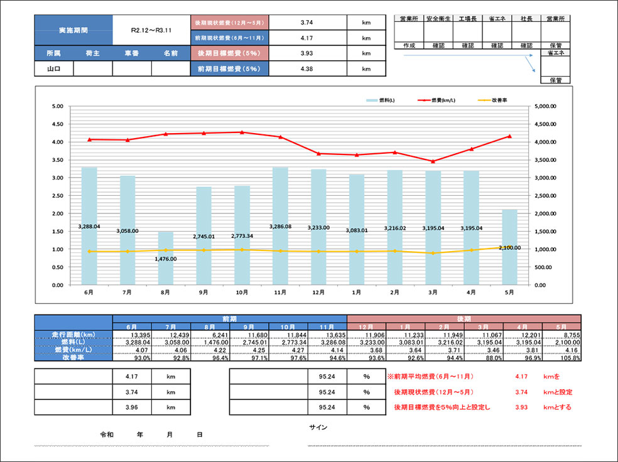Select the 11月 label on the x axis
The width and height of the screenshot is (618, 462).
[280, 293]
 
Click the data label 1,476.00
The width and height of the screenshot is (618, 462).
[166, 259]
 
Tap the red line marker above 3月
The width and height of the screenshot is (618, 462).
[433, 161]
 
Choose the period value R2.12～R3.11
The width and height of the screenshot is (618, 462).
[151, 30]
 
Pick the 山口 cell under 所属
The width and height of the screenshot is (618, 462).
[53, 69]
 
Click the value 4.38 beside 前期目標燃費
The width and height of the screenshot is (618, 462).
[307, 69]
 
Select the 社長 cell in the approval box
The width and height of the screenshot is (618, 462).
[526, 19]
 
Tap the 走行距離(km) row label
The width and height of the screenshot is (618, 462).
[73, 334]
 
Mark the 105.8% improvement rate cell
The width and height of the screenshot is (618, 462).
[550, 358]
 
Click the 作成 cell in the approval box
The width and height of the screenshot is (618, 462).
[409, 46]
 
